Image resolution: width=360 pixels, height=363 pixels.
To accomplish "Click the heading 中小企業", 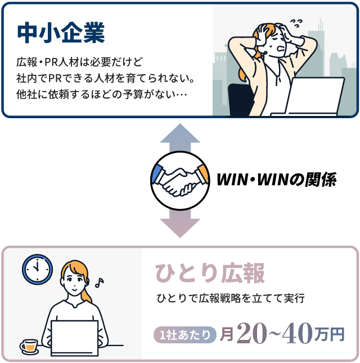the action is click(x=61, y=33).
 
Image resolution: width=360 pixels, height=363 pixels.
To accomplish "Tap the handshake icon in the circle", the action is click(x=180, y=181).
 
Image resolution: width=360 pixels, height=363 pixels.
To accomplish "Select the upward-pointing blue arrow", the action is click(x=180, y=138).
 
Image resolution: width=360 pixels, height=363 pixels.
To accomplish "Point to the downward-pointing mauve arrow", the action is click(x=180, y=223).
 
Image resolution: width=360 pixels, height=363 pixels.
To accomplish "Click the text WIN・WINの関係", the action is click(x=277, y=180).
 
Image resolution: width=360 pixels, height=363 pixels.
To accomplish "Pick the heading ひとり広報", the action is click(x=210, y=273).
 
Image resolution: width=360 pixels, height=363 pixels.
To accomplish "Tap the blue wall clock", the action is click(x=37, y=270).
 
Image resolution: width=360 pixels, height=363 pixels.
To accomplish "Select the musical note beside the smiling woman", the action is click(x=100, y=283).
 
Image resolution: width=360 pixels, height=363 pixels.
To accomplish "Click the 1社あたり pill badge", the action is click(x=185, y=335).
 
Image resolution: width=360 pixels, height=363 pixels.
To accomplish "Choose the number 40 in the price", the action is click(x=298, y=333).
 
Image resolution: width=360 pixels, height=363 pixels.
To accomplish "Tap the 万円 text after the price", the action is click(x=330, y=335).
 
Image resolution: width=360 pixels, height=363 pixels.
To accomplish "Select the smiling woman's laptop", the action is click(x=74, y=338).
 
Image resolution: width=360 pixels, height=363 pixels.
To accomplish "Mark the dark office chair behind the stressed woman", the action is click(x=241, y=100).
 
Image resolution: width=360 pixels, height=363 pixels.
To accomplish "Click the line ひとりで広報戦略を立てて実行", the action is click(x=231, y=298).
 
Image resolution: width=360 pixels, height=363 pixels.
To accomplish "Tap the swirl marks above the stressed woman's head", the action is click(x=296, y=23).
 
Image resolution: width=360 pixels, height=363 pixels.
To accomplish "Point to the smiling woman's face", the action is click(x=74, y=281).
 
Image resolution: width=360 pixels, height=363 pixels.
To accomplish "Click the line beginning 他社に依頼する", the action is click(x=102, y=95).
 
